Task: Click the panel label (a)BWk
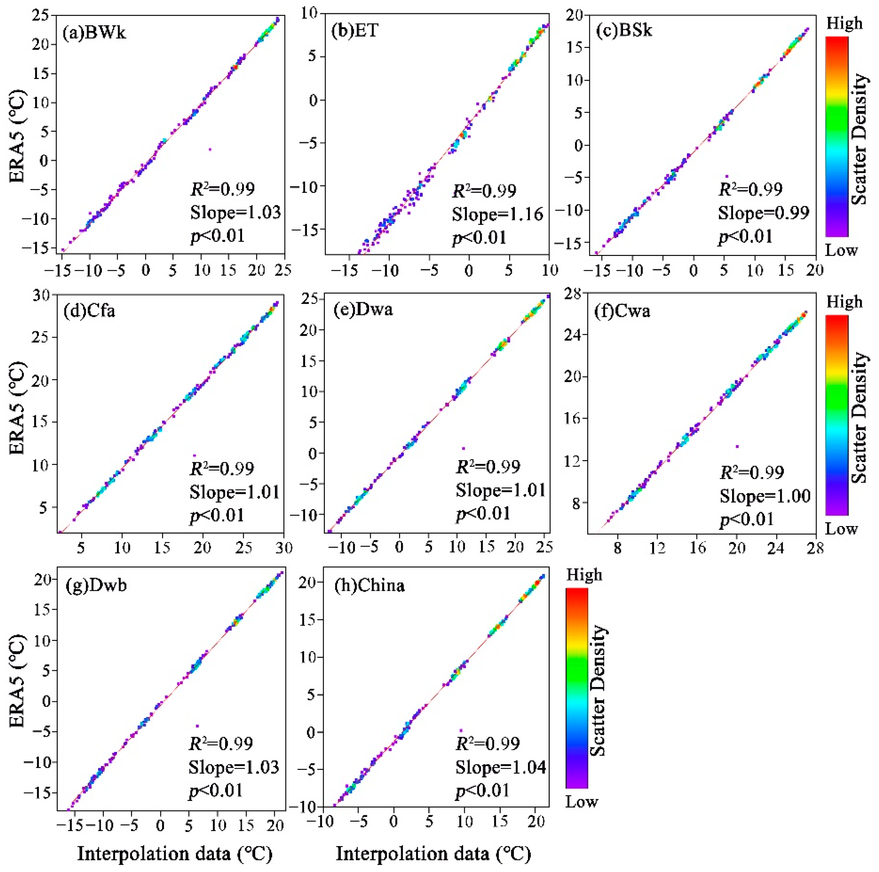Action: pos(94,33)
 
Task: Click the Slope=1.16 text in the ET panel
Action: pos(497,214)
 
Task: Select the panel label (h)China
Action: pos(369,585)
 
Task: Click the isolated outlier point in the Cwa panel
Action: pos(737,446)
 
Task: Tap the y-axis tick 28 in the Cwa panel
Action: pos(573,295)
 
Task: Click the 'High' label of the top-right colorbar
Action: pos(844,23)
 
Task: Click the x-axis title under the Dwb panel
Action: pos(175,853)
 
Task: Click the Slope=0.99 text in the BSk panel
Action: pos(763,212)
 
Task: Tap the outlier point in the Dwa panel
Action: pos(463,448)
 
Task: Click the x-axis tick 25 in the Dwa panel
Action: pos(544,547)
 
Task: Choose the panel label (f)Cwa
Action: pos(622,311)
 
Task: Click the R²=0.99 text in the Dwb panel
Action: pos(221,743)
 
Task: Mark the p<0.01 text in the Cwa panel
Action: pos(747,519)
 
